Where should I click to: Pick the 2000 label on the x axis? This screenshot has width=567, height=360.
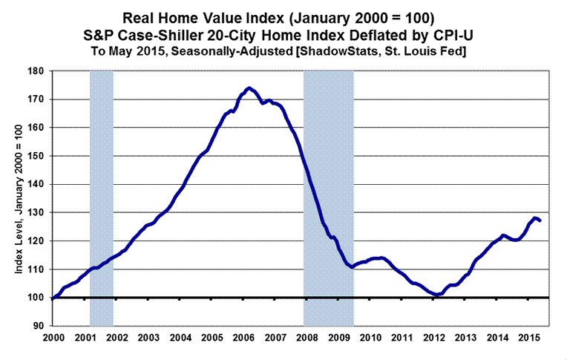pyautogui.click(x=54, y=338)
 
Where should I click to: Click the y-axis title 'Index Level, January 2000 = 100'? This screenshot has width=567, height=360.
pyautogui.click(x=18, y=199)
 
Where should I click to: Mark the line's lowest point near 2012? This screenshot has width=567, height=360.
pyautogui.click(x=437, y=295)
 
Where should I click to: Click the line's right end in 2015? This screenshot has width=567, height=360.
pyautogui.click(x=540, y=220)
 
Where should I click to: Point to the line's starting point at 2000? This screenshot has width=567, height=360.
pyautogui.click(x=54, y=297)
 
